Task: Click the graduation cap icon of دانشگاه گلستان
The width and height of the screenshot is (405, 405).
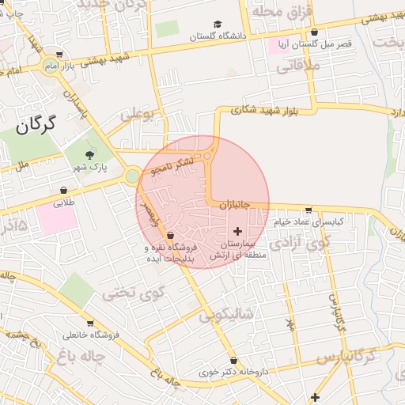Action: [x=218, y=25]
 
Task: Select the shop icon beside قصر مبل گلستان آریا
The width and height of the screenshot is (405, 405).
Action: [x=315, y=32]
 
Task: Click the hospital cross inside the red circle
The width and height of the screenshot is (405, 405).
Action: [x=238, y=230]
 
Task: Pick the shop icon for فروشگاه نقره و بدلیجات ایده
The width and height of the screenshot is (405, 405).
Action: [x=171, y=234]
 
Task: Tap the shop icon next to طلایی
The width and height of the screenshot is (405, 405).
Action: [x=63, y=190]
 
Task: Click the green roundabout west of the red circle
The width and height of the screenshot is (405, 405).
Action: [x=132, y=176]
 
